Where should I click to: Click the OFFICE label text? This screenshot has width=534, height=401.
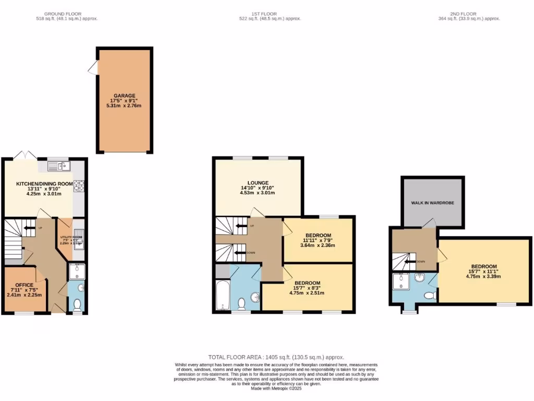point(24,285)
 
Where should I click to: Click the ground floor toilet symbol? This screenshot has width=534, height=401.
point(77,303)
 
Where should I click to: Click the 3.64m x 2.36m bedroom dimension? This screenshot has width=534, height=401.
point(318,245)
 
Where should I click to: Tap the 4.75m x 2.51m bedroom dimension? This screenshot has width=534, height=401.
point(307,293)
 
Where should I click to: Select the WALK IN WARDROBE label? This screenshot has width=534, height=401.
point(432,202)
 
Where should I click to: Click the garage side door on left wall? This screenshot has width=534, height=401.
point(92,67)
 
